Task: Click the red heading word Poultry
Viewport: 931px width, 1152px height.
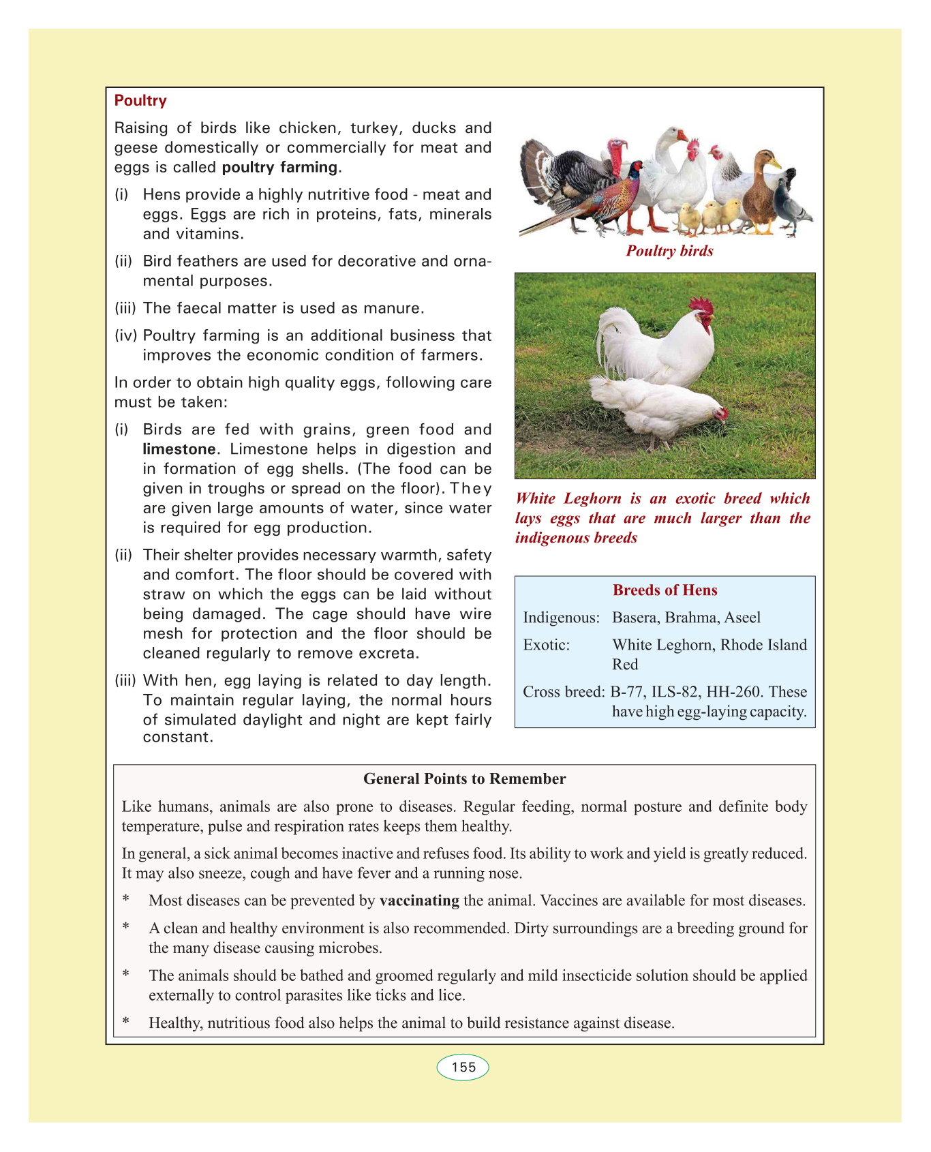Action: click(x=140, y=101)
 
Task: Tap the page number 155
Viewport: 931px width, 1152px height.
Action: click(x=463, y=1067)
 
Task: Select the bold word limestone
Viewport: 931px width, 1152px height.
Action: click(x=179, y=449)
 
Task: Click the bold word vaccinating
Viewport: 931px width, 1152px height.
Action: click(x=419, y=900)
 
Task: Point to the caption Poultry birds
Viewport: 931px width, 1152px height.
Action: click(x=669, y=251)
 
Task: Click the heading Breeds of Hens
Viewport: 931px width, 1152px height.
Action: click(x=665, y=590)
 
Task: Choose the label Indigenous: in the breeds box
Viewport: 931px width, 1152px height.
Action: click(x=561, y=618)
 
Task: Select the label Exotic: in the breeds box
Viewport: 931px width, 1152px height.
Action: click(x=546, y=645)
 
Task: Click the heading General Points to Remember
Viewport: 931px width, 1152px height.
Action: click(x=464, y=778)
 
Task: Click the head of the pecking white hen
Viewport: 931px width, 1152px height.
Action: click(x=718, y=413)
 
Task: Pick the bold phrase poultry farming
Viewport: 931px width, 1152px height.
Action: click(x=279, y=167)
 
